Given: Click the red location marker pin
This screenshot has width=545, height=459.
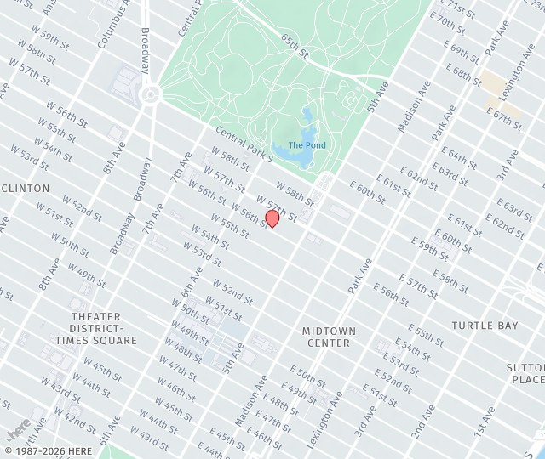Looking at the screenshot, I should [x=272, y=218].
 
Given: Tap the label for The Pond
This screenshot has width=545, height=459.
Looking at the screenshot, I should [x=307, y=145].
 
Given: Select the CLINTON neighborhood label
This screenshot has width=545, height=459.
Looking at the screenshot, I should [x=25, y=188].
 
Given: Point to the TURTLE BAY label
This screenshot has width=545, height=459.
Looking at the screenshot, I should [x=485, y=326].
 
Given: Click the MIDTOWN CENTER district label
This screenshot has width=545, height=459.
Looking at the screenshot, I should [x=328, y=337].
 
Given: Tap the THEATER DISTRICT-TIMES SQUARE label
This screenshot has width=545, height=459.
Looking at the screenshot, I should [x=95, y=328].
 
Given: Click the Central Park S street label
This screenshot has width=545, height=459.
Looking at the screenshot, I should [x=244, y=144].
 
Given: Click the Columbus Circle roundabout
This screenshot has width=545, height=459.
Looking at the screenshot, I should [x=151, y=93].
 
